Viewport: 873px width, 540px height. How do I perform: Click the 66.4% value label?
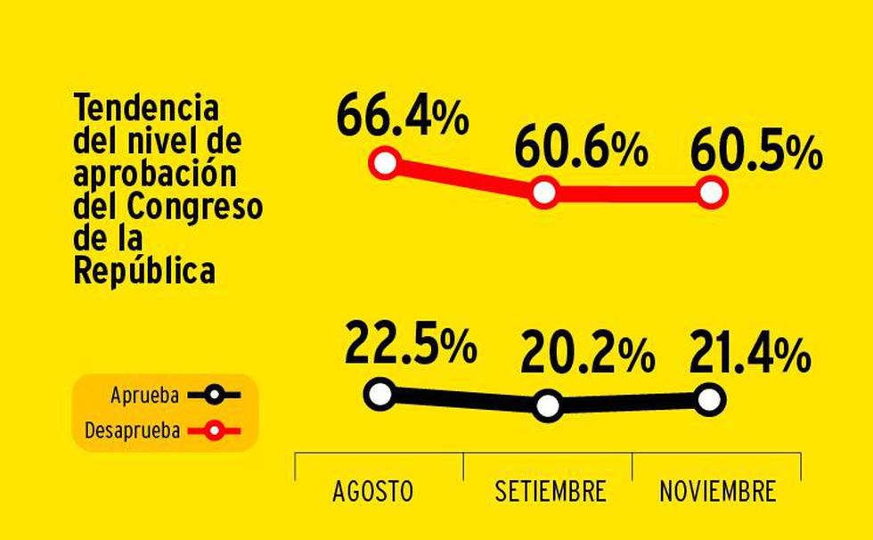coord(403,119)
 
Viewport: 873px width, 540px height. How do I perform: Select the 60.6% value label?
coord(580,150)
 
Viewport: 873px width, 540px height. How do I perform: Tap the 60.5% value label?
coord(755,152)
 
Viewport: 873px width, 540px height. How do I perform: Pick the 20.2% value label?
coord(587,356)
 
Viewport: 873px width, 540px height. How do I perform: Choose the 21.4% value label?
coord(749,355)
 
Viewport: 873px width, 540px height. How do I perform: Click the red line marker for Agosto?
coord(385,163)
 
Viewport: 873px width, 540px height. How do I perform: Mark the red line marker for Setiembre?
coord(544,192)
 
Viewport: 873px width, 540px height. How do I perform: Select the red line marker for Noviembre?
coord(712,192)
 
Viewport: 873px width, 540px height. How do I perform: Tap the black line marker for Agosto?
coord(380,392)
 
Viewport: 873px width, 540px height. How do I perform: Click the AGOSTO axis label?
coord(372,491)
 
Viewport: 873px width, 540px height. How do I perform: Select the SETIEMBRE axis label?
coord(550,491)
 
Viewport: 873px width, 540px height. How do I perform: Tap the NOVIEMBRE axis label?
coord(717,491)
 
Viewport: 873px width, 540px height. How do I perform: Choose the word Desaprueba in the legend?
coord(133,431)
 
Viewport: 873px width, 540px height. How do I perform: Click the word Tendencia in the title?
coord(146,109)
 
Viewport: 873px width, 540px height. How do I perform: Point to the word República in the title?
coord(144,272)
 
